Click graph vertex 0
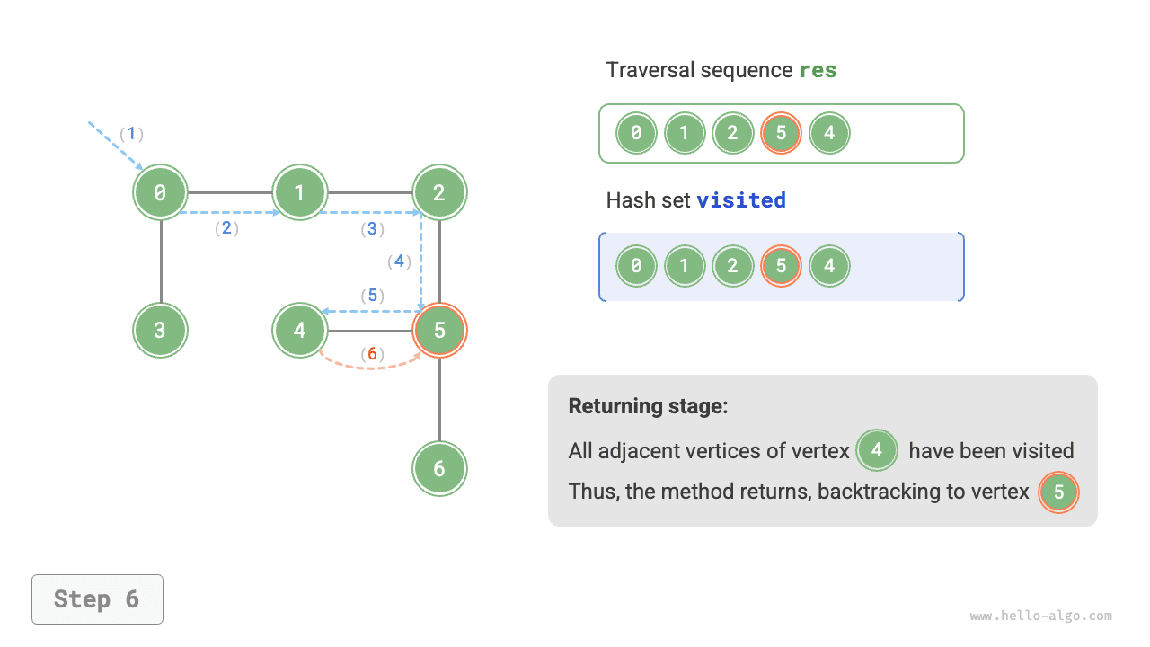coord(161,192)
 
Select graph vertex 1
coord(300,192)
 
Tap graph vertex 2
coord(439,192)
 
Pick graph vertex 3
coord(161,330)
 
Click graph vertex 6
coord(439,468)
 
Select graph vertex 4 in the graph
coord(300,330)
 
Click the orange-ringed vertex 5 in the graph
coord(439,330)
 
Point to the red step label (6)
coord(372,354)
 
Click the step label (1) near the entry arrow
coord(131,134)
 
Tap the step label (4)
coord(399,261)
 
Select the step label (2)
coord(226,228)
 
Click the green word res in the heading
coord(818,70)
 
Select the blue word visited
coord(741,200)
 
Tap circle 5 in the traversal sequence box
coord(781,134)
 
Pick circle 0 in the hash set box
coord(636,266)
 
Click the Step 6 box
coord(97,599)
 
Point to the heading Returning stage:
coord(648,406)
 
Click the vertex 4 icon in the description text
coord(877,450)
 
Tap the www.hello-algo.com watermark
coord(1040,616)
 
